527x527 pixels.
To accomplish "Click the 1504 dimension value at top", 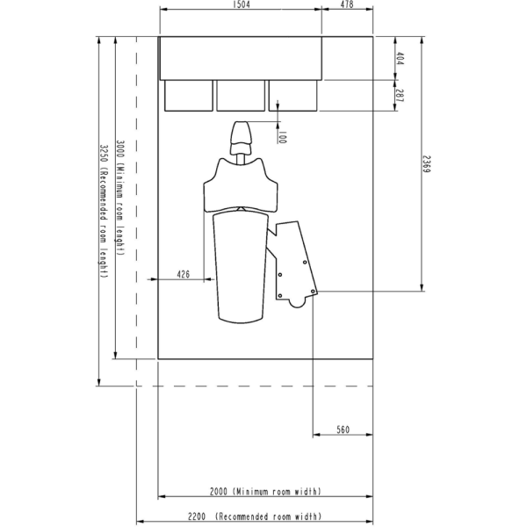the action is [241, 4].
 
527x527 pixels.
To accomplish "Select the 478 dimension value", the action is [347, 4].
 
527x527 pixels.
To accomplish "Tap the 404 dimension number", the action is [400, 58].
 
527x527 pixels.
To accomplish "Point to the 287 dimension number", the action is [400, 96].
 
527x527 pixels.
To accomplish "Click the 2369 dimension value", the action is [427, 164].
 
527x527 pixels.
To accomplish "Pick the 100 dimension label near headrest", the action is [282, 137].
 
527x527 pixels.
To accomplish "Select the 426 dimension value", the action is [184, 274].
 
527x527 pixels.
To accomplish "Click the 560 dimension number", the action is [343, 430].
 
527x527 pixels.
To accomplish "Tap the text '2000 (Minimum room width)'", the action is [265, 491].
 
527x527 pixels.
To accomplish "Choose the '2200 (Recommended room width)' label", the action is [255, 516].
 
